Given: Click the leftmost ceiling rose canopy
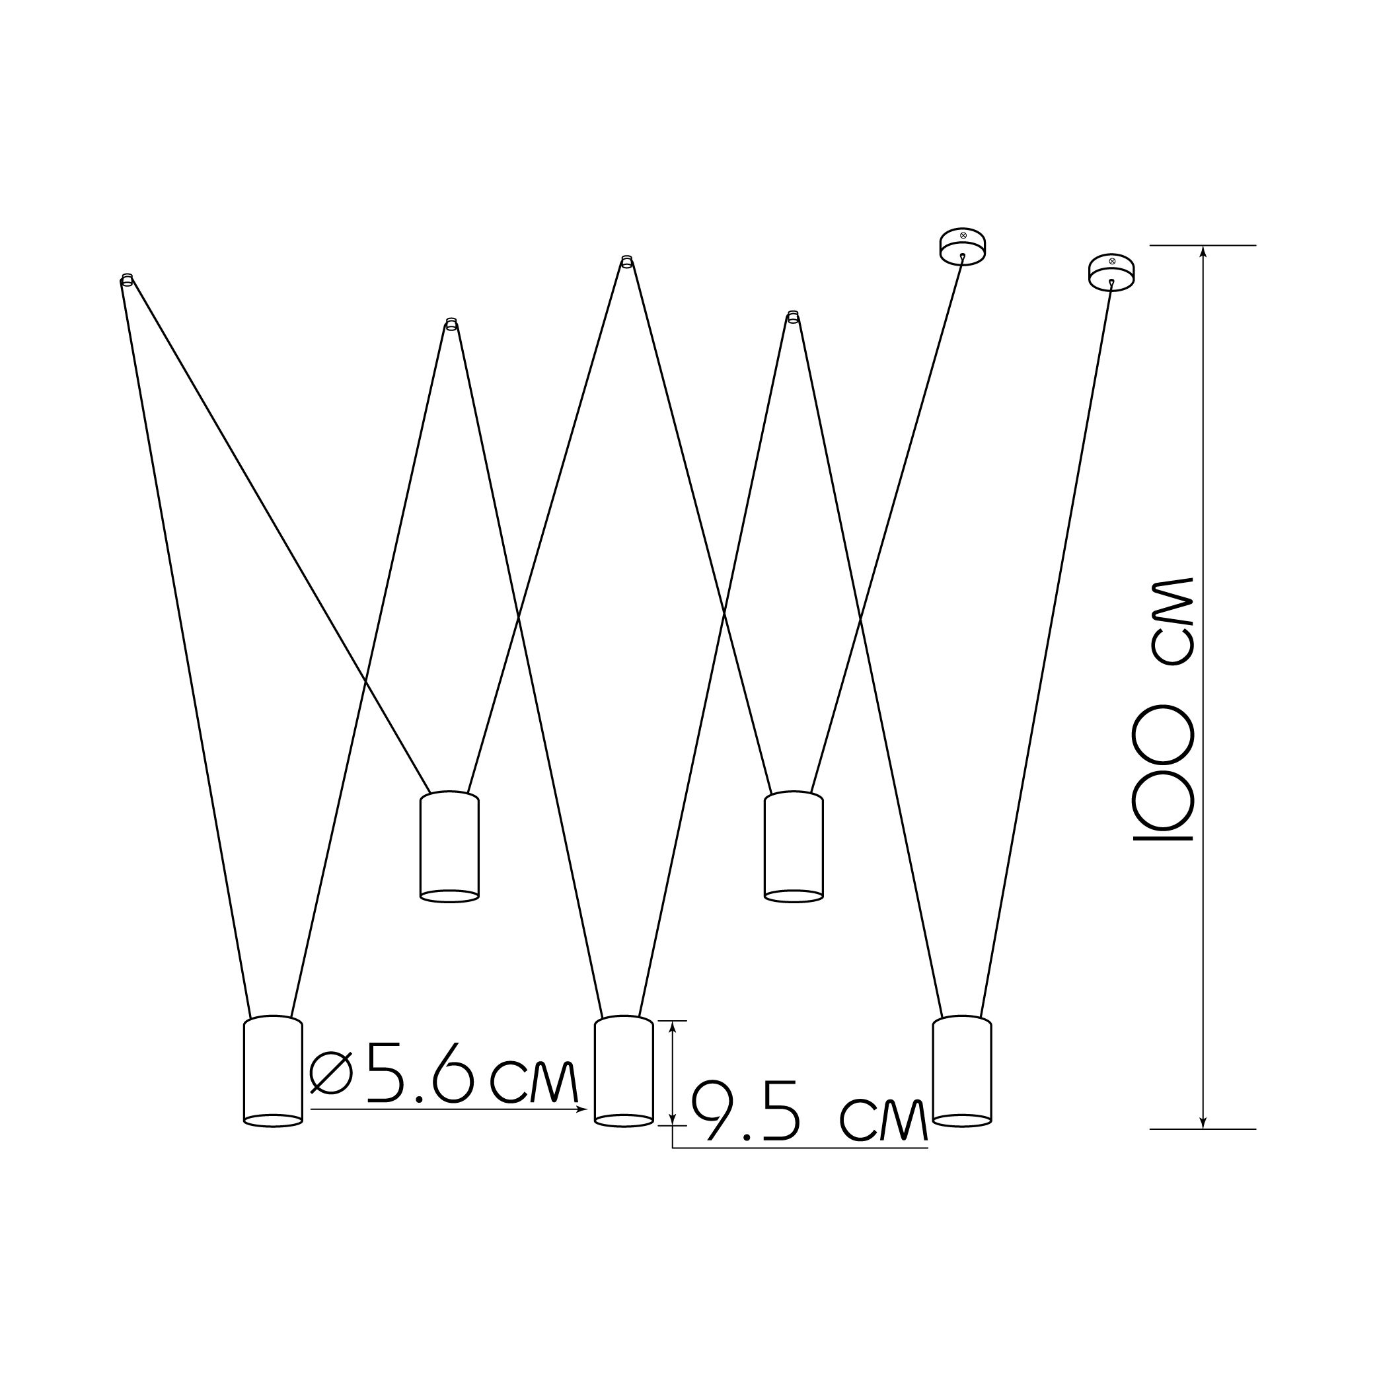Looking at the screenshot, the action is coord(963,245).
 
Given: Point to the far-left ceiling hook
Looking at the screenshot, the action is coord(127,279).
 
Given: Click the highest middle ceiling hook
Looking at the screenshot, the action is coord(626,262).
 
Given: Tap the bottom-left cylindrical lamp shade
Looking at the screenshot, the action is coord(273,1070).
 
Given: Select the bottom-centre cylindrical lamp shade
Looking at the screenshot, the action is coord(624,1070).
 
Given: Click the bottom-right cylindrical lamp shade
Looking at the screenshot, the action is coord(962,1070).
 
